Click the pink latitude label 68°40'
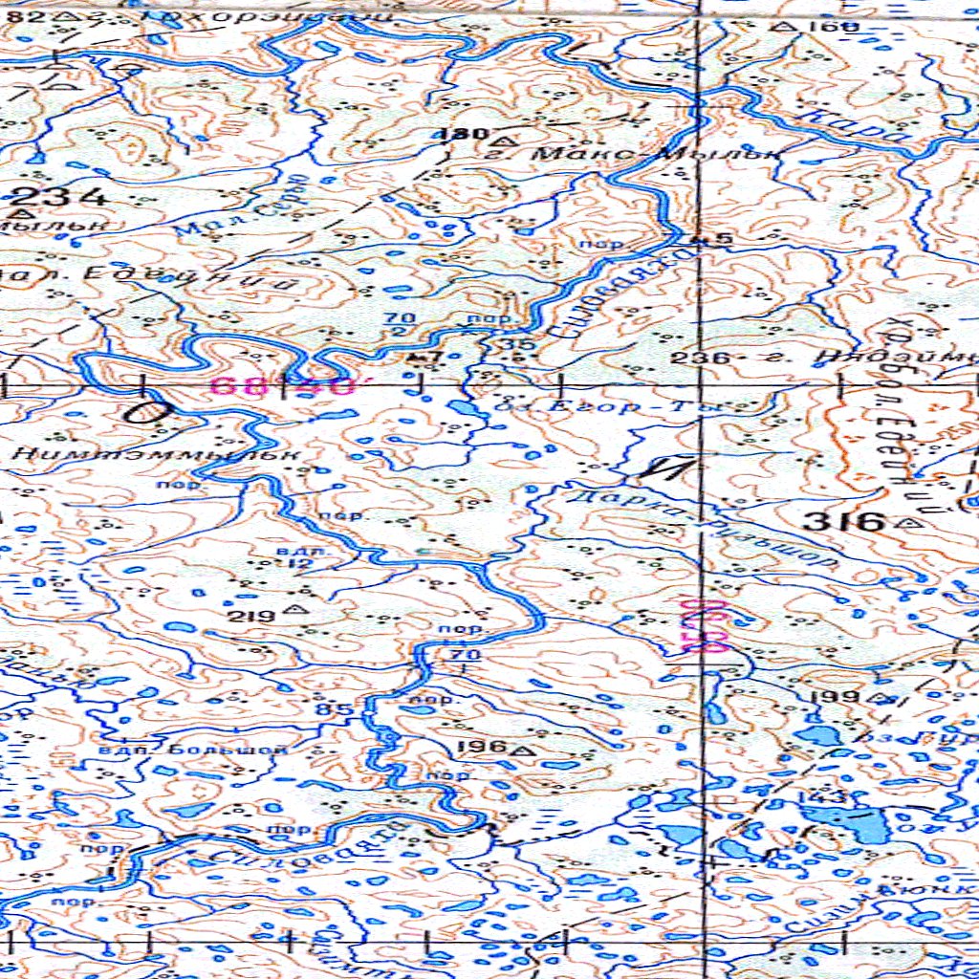coord(282,387)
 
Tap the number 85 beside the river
coord(340,708)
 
